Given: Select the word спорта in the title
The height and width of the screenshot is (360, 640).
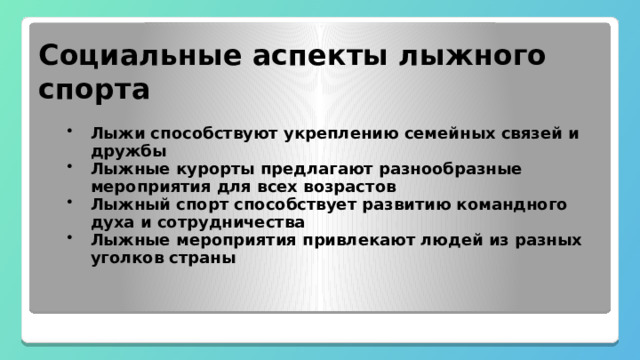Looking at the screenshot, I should (94, 90).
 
